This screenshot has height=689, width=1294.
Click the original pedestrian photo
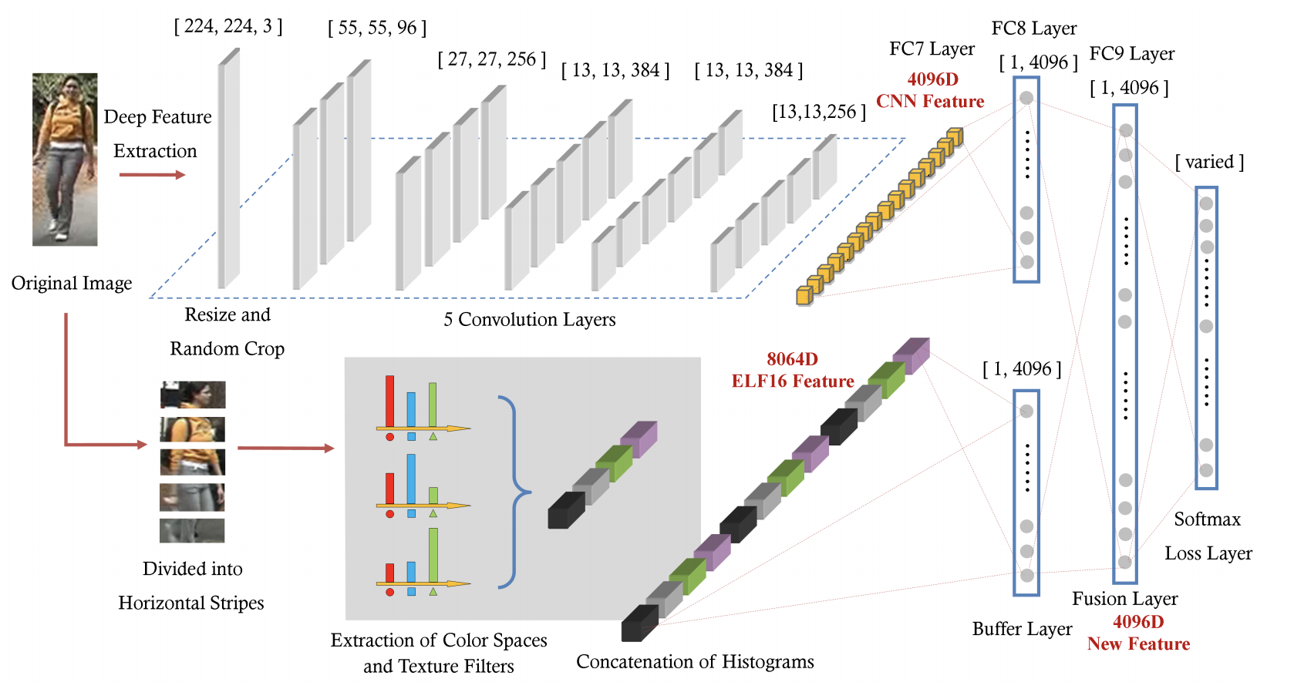pyautogui.click(x=65, y=160)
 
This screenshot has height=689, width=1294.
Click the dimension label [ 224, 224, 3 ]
pyautogui.click(x=228, y=26)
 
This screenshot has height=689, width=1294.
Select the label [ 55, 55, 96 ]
pyautogui.click(x=377, y=29)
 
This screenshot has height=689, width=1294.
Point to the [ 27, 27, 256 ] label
pyautogui.click(x=492, y=59)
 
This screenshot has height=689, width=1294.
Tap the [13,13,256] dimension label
pyautogui.click(x=819, y=112)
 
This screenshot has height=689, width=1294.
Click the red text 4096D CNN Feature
pyautogui.click(x=931, y=90)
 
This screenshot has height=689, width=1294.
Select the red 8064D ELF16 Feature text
pyautogui.click(x=793, y=370)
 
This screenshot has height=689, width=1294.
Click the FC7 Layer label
pyautogui.click(x=932, y=49)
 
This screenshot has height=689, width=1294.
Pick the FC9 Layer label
pyautogui.click(x=1131, y=53)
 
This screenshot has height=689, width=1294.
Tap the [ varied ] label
pyautogui.click(x=1209, y=162)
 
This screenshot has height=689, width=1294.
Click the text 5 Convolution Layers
pyautogui.click(x=529, y=319)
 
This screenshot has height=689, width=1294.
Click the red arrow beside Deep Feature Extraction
pyautogui.click(x=152, y=175)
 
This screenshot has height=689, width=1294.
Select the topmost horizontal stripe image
pyautogui.click(x=193, y=395)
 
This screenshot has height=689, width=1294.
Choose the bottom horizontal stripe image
pyautogui.click(x=192, y=530)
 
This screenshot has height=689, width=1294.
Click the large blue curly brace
pyautogui.click(x=514, y=491)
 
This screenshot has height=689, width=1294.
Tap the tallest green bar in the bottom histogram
pyautogui.click(x=433, y=554)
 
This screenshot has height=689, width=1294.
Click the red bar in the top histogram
pyautogui.click(x=389, y=401)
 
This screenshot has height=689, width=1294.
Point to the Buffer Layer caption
pyautogui.click(x=1022, y=629)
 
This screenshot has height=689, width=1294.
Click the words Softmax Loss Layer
pyautogui.click(x=1208, y=536)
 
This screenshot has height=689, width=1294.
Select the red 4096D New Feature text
pyautogui.click(x=1138, y=633)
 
